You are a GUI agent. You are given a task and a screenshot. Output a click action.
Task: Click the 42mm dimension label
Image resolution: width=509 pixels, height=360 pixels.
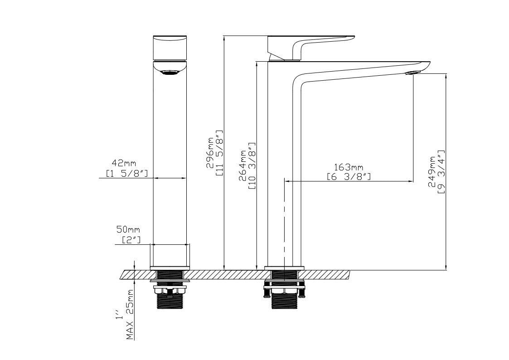point(124,163)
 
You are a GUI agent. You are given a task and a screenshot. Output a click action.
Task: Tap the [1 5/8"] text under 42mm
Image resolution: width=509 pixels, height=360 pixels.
point(127,174)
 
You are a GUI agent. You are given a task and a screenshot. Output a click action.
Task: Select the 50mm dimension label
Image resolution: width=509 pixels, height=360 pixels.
point(128,230)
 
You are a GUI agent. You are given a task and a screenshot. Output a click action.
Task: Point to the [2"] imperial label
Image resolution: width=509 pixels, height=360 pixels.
point(131,240)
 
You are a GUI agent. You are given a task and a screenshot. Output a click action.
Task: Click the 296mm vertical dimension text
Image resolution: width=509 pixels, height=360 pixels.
point(210,153)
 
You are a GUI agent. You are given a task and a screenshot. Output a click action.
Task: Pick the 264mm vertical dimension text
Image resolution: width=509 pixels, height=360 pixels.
point(242,165)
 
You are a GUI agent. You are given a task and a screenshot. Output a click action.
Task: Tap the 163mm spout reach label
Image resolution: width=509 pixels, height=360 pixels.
point(349,167)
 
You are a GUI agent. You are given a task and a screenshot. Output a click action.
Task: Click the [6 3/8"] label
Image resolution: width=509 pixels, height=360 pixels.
point(349,177)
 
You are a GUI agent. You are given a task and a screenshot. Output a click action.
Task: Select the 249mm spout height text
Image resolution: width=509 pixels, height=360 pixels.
point(432,172)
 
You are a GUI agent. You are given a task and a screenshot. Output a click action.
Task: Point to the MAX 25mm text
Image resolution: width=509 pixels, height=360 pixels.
point(130,315)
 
